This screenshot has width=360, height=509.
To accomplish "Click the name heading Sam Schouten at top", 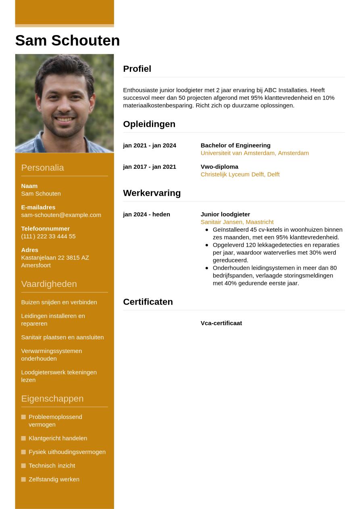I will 67,41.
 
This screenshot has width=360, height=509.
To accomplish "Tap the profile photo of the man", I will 65,104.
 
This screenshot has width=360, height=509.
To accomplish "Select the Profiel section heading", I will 137,69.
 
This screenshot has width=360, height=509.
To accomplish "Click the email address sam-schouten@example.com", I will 61,215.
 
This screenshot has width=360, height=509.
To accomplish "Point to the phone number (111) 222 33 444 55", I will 48,236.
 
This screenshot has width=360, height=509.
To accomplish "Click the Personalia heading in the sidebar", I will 42,168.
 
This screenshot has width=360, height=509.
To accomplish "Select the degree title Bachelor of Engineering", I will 235,145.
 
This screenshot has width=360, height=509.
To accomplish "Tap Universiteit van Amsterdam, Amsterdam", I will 254,153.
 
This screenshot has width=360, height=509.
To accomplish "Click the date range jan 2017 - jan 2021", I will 150,167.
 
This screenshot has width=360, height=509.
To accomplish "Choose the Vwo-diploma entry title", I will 219,167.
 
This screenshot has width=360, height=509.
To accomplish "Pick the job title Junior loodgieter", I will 225,214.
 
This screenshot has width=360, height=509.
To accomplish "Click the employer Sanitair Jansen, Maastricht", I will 237,222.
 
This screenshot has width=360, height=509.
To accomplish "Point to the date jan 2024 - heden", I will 146,214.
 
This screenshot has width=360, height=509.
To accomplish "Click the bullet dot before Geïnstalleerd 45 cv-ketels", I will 207,230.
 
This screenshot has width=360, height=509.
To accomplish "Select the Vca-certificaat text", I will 221,323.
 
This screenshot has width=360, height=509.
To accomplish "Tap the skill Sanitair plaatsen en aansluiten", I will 62,337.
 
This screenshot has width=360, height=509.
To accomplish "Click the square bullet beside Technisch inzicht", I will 23,465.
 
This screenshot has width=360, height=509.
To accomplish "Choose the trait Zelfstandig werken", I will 54,479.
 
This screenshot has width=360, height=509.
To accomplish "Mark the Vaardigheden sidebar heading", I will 49,284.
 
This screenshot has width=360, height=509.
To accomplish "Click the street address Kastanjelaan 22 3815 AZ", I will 55,258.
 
